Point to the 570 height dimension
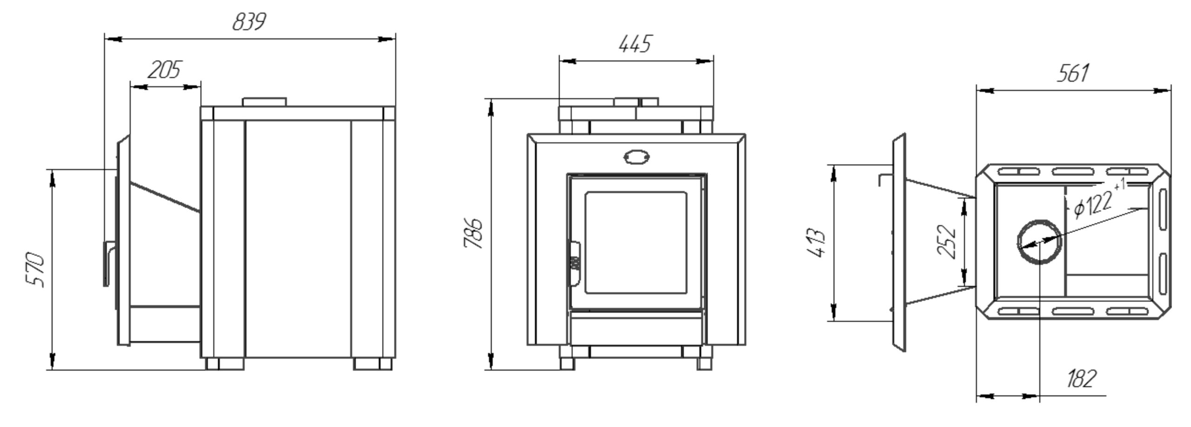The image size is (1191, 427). click(x=35, y=270)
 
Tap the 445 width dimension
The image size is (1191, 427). click(x=635, y=44)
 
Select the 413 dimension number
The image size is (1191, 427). click(x=815, y=243)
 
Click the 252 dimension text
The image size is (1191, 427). click(x=946, y=241)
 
